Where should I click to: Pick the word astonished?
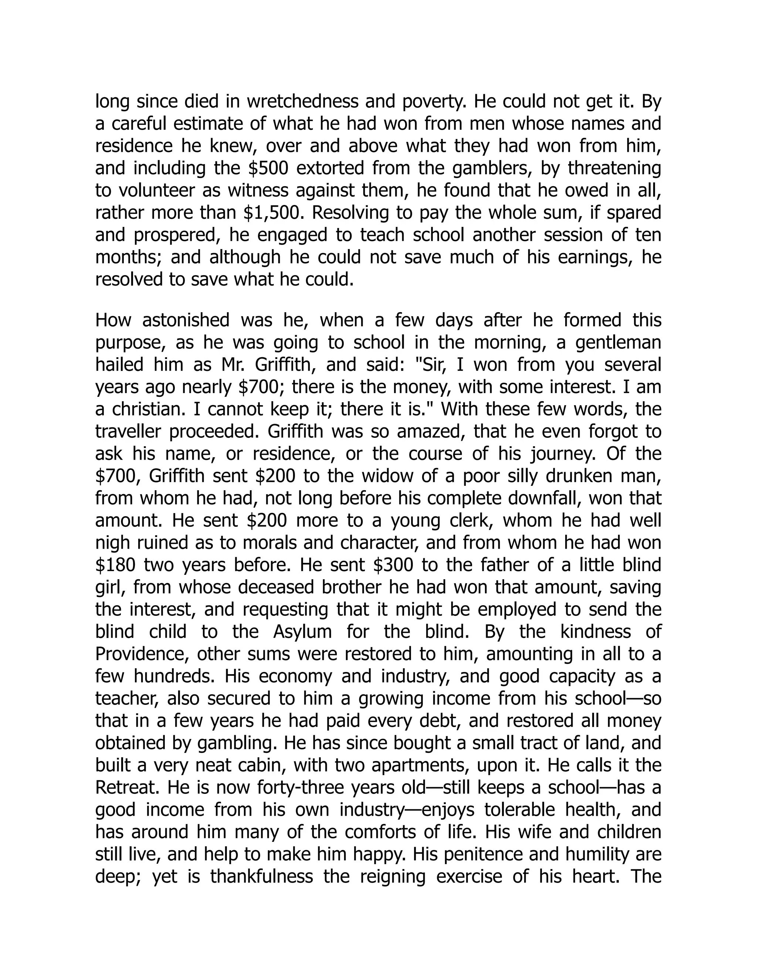pyautogui.click(x=186, y=321)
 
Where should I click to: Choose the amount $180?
pyautogui.click(x=115, y=565)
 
